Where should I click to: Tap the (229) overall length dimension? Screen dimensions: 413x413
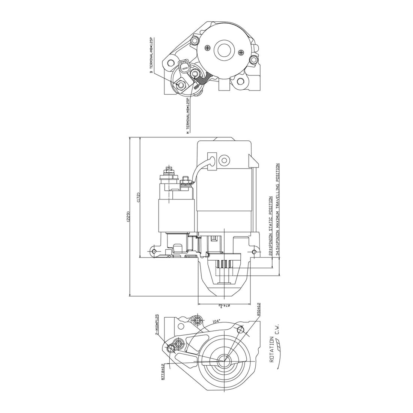tap(128, 217)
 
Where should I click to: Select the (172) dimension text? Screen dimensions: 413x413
tap(138, 198)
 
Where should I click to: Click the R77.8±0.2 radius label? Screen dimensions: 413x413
tap(163, 372)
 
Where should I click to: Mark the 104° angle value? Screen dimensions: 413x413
tap(216, 321)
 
